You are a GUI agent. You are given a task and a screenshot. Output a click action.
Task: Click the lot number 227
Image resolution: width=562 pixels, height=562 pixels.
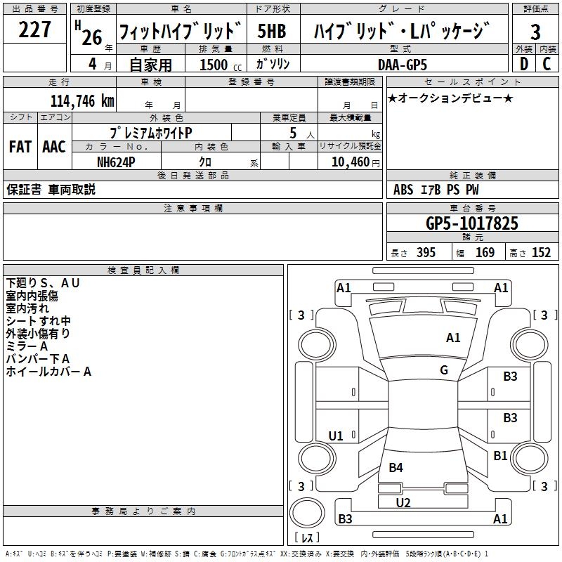34,30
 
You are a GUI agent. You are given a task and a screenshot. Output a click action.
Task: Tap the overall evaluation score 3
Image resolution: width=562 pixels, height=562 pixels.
535,32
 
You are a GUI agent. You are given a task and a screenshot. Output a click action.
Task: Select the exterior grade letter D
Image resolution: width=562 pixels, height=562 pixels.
524,64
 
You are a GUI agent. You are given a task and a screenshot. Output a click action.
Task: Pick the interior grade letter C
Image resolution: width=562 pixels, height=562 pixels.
547,64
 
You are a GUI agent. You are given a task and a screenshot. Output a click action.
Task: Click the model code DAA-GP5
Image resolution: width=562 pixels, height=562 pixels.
403,65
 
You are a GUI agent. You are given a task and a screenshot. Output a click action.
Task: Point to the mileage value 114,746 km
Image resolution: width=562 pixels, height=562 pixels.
82,101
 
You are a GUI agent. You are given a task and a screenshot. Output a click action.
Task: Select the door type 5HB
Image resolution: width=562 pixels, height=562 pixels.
272,31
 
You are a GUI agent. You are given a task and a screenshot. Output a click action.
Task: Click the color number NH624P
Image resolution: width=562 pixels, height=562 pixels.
116,162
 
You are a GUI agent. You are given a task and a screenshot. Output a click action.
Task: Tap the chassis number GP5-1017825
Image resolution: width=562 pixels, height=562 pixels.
472,223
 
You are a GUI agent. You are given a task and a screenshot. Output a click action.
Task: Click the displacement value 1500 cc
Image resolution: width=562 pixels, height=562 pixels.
221,65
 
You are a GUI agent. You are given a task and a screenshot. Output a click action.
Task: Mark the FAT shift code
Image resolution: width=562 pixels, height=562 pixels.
20,147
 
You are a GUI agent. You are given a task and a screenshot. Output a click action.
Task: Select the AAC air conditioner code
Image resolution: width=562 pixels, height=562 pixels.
54,147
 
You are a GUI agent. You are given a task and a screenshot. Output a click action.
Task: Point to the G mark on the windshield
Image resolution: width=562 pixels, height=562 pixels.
444,370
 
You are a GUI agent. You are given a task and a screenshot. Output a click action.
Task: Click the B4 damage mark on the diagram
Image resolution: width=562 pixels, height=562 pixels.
396,467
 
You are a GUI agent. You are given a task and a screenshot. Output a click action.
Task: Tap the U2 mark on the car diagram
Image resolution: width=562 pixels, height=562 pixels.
403,503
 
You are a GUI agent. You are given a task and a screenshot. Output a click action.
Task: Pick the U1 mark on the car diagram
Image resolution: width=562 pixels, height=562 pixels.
336,436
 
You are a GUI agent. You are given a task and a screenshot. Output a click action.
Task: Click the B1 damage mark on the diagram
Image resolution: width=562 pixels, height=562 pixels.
500,455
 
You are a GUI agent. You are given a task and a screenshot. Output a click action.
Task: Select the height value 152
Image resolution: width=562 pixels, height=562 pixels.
541,253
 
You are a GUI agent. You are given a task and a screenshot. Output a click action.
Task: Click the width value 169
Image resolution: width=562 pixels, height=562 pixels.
485,253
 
